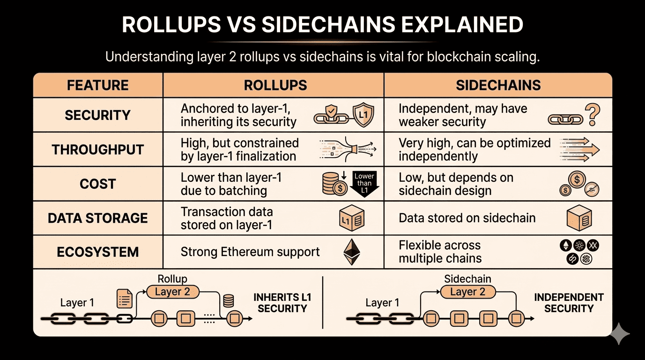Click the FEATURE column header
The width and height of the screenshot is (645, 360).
[x=97, y=85]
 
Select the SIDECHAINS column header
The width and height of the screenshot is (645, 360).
[x=498, y=85]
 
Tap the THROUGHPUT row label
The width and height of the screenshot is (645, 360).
[x=98, y=150]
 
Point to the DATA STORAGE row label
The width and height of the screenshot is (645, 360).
[x=98, y=218]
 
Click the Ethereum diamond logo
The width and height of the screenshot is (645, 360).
[x=352, y=252]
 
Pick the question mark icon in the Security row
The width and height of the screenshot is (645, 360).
[x=593, y=115]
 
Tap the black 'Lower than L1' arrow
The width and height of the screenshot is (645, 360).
[x=364, y=183]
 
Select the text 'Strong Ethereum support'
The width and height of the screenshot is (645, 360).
[x=250, y=252]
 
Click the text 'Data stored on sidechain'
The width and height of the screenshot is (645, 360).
[x=467, y=218]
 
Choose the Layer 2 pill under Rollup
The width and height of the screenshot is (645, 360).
[x=172, y=292]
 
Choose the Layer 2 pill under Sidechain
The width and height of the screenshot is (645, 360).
[x=467, y=292]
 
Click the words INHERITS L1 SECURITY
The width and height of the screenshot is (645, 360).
[x=282, y=303]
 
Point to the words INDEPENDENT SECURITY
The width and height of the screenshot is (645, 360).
[x=569, y=303]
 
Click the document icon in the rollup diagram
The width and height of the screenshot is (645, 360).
[x=124, y=298]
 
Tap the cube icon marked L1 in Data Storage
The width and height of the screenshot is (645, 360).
[x=351, y=218]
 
